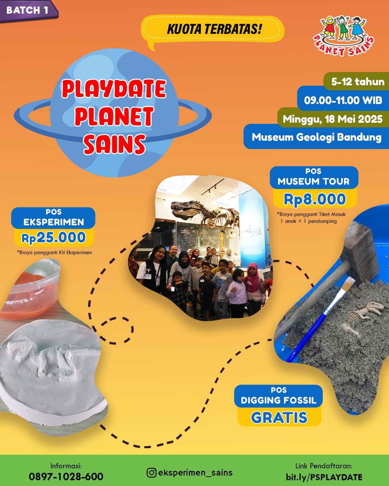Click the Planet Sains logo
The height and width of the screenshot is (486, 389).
tap(343, 36)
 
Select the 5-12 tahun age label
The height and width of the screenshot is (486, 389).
tap(358, 81)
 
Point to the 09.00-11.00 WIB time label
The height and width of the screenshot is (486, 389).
tap(343, 100)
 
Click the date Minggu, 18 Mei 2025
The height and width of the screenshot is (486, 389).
tap(333, 119)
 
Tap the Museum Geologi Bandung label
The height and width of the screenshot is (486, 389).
tap(317, 137)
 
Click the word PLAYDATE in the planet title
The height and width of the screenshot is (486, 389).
tap(114, 89)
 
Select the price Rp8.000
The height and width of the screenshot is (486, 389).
tap(315, 199)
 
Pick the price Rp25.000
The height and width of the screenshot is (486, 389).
tap(54, 238)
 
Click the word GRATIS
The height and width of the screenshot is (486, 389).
tap(279, 418)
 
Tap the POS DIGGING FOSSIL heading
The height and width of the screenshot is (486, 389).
tap(278, 396)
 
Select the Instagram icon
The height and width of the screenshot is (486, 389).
tap(151, 473)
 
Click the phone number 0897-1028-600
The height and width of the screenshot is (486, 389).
tap(66, 477)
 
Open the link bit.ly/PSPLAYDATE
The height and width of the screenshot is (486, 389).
tap(324, 477)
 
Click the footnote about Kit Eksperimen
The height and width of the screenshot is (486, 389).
tap(54, 252)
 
